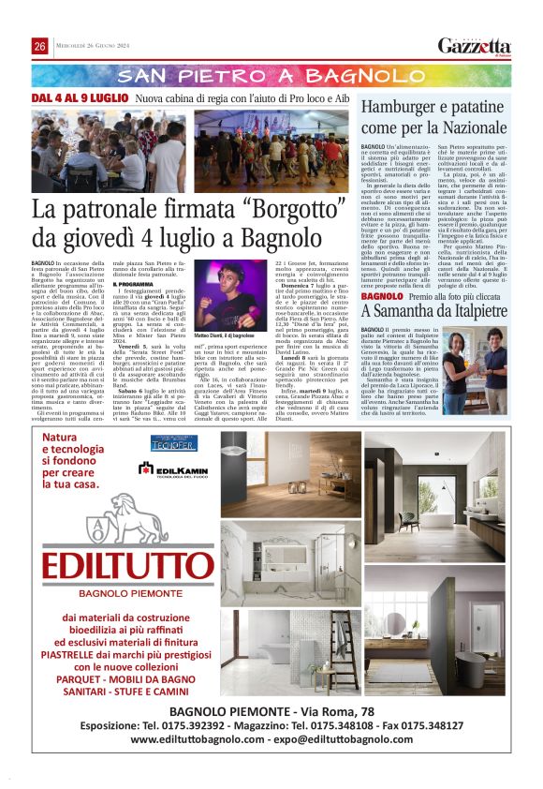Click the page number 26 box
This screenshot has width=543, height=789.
[x=40, y=47]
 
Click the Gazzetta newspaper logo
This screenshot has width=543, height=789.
[x=475, y=46]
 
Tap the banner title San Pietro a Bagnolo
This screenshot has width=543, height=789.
[x=271, y=76]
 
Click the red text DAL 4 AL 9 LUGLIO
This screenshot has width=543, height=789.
[x=79, y=98]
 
